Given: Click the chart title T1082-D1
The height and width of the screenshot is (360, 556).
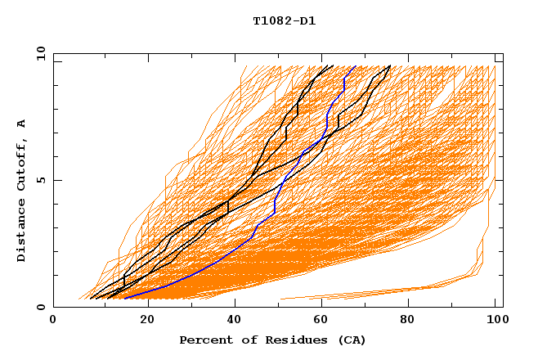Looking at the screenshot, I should point(284,20).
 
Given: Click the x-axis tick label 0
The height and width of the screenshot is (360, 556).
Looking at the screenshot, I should point(53,321).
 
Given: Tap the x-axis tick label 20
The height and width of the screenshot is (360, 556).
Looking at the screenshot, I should point(142,321).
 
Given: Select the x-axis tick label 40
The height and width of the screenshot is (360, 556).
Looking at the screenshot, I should point(231,321).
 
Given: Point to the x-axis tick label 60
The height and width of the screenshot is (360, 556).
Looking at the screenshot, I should point(320,321).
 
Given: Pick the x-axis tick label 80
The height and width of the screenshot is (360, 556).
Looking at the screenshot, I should point(408,321).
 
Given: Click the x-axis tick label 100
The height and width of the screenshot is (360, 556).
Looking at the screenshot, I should point(495,321).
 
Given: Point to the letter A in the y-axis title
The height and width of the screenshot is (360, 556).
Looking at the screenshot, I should point(22,124).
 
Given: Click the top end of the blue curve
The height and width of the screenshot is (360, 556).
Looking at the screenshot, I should point(354,66).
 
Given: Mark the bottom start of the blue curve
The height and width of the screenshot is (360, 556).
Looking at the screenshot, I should point(125,298).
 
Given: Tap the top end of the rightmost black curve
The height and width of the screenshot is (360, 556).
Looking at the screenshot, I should point(390,65).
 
